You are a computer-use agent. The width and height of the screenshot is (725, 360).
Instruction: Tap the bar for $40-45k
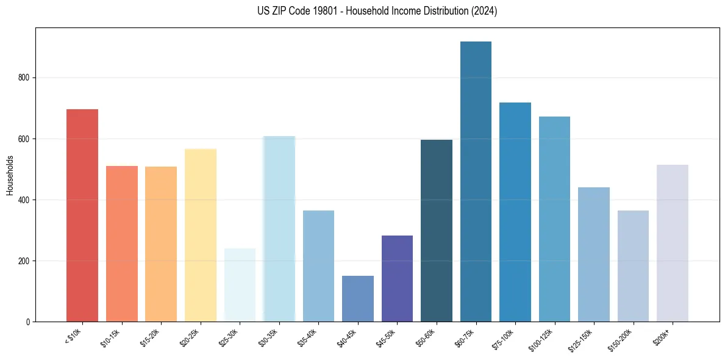coord(358,299)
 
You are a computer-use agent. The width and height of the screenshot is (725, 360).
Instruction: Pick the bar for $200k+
coord(673,243)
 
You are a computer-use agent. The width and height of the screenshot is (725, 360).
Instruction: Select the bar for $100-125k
coord(554,219)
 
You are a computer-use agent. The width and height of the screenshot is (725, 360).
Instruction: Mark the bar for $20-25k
coord(201,235)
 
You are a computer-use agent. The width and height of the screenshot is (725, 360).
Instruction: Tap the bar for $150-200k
coord(633,266)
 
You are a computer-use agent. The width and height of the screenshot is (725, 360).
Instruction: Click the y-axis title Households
coord(10,175)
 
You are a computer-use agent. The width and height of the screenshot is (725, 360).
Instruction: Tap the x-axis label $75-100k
coord(504,339)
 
